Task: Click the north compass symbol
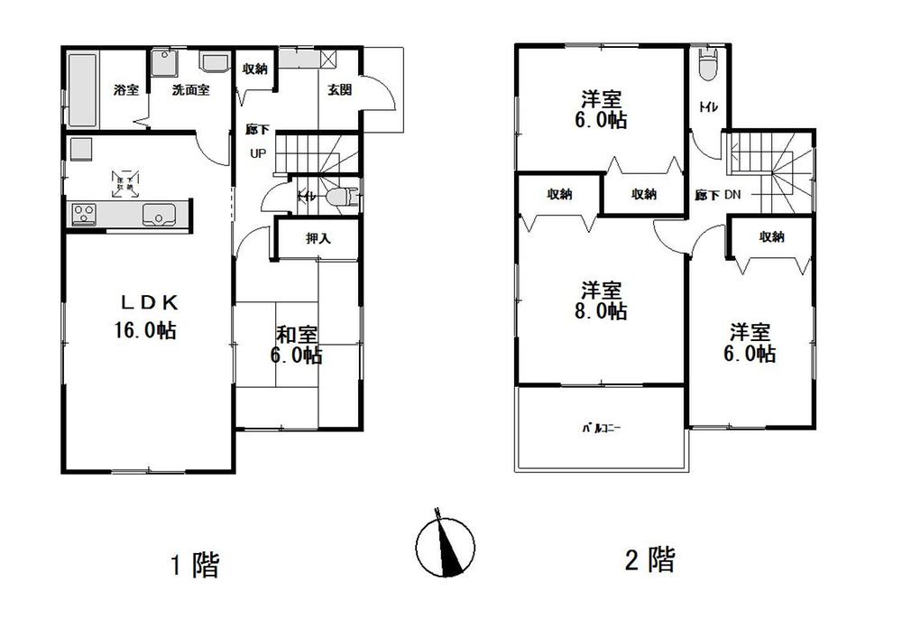coord(445,546)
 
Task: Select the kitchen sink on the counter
coord(160,215)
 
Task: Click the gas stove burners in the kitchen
coord(85,215)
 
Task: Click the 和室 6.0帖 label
coord(296,345)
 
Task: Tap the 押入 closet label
coord(317,239)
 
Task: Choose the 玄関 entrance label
coord(339,89)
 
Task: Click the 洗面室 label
coord(191,90)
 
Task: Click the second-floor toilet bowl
coord(707,67)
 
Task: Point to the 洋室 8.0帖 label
coord(603,300)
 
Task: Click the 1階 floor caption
coord(195,565)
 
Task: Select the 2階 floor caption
coord(649,560)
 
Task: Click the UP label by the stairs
coord(258,153)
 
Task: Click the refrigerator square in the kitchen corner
coord(78,147)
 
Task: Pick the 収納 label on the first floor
coord(255,69)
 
